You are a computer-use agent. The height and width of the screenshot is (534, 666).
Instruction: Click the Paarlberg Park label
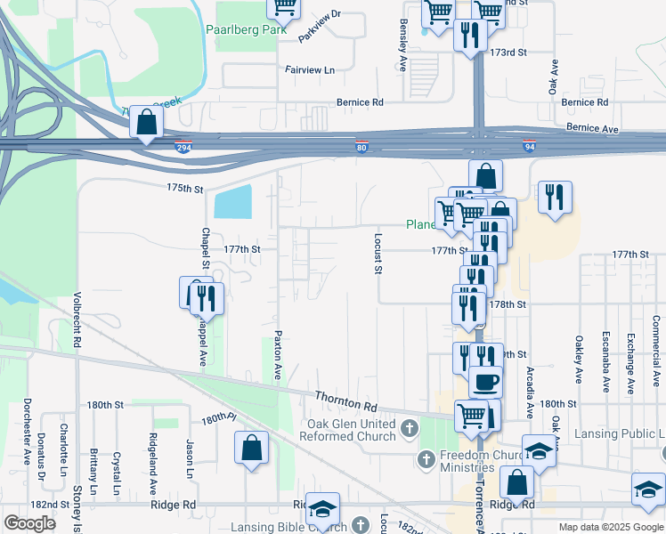[246, 29]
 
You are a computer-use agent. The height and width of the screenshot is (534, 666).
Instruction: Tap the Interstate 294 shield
[183, 147]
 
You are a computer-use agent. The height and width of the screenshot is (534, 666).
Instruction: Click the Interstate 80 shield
[361, 147]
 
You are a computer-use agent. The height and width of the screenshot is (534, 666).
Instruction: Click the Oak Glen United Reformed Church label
[351, 430]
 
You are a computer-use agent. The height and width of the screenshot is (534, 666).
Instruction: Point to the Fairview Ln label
[310, 69]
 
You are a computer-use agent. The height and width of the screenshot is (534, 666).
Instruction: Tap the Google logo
[29, 523]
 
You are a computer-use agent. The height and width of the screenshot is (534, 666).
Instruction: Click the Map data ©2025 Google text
[610, 527]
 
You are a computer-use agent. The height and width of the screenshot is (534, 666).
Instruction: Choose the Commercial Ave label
[655, 353]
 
